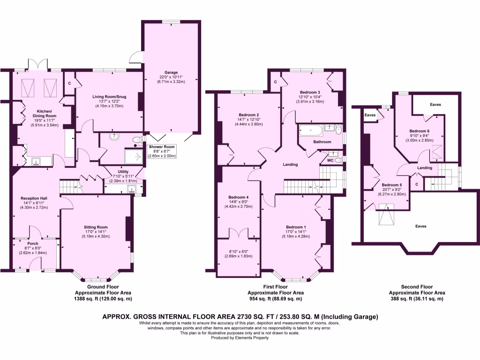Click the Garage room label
(171, 73)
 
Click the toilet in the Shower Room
(137, 139)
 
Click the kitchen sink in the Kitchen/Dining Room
(36, 162)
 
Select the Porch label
(33, 243)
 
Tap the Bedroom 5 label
(391, 185)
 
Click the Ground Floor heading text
(103, 286)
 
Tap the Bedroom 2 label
(249, 115)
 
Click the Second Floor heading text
(417, 286)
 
